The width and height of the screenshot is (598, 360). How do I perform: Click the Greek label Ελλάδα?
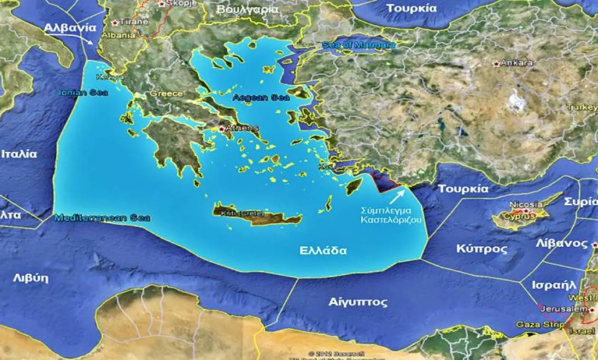(x=323, y=251)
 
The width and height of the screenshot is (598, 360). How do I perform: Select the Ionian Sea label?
(x=83, y=93)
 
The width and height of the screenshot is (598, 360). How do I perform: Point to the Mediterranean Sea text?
(x=102, y=218)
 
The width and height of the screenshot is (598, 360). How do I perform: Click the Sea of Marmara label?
(x=358, y=45)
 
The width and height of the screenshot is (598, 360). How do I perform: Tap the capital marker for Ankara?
(x=497, y=63)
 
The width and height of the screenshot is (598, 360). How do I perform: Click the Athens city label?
(x=242, y=128)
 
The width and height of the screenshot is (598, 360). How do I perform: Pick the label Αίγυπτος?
(x=357, y=302)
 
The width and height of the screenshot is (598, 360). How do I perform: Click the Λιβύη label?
(x=30, y=278)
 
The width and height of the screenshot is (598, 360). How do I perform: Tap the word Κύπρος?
(x=482, y=249)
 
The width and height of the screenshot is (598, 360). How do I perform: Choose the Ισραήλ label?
(x=553, y=285)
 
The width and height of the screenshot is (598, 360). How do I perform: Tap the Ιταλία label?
(x=19, y=154)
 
